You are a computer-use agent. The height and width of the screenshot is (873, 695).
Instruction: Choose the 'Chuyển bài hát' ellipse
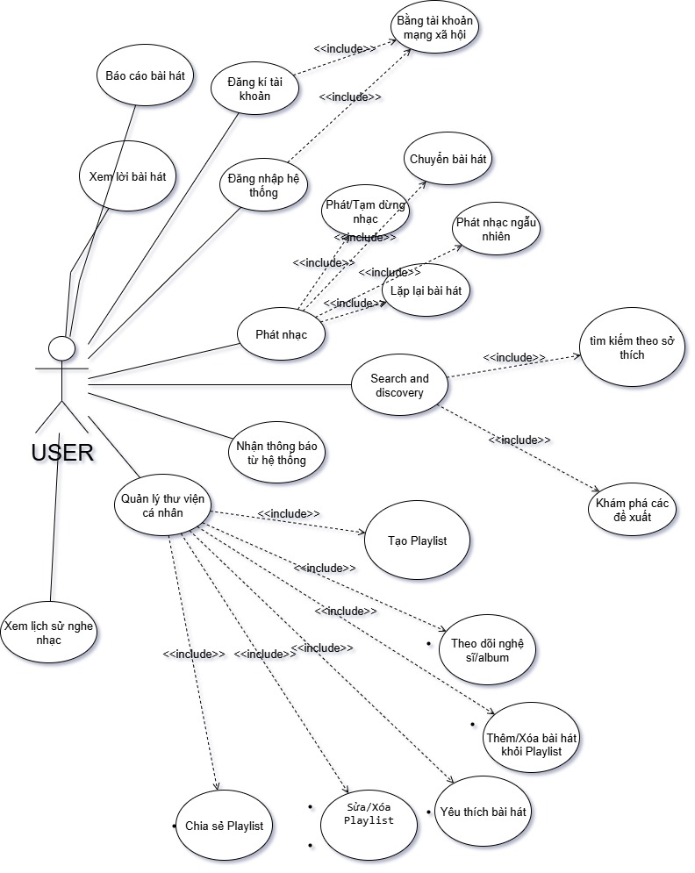coord(448,160)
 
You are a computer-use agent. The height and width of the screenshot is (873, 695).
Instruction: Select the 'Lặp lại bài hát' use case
coord(426,290)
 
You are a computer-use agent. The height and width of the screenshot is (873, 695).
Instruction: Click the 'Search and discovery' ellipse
coord(399,385)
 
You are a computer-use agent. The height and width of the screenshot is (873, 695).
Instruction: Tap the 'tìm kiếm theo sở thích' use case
coord(630,349)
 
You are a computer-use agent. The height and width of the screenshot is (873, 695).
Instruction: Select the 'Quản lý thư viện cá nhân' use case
coord(161,505)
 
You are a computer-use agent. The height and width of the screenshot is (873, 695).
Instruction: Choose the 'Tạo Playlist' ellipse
coord(417,540)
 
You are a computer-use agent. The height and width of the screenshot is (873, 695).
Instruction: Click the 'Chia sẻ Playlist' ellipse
coord(224,826)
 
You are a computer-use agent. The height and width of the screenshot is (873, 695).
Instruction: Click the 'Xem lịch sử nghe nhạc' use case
coord(48,633)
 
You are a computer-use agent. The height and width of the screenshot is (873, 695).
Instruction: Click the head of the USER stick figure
coord(61,348)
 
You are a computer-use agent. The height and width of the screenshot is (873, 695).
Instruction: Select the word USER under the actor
coord(62,453)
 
